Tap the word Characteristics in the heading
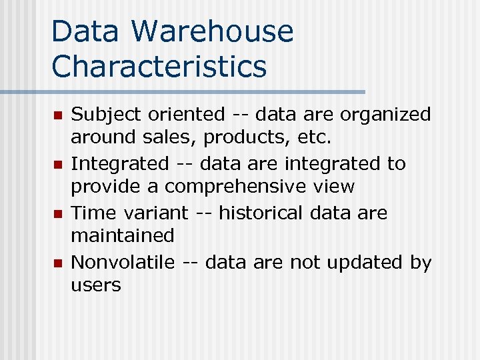(x=159, y=66)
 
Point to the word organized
(x=385, y=115)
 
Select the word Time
(x=93, y=213)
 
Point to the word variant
(x=156, y=213)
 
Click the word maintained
(x=123, y=235)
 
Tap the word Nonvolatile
(x=123, y=262)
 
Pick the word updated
(x=368, y=263)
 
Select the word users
(x=96, y=285)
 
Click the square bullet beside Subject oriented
(x=58, y=116)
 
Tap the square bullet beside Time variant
(x=58, y=214)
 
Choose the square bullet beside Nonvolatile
(x=58, y=263)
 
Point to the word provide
(x=105, y=187)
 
